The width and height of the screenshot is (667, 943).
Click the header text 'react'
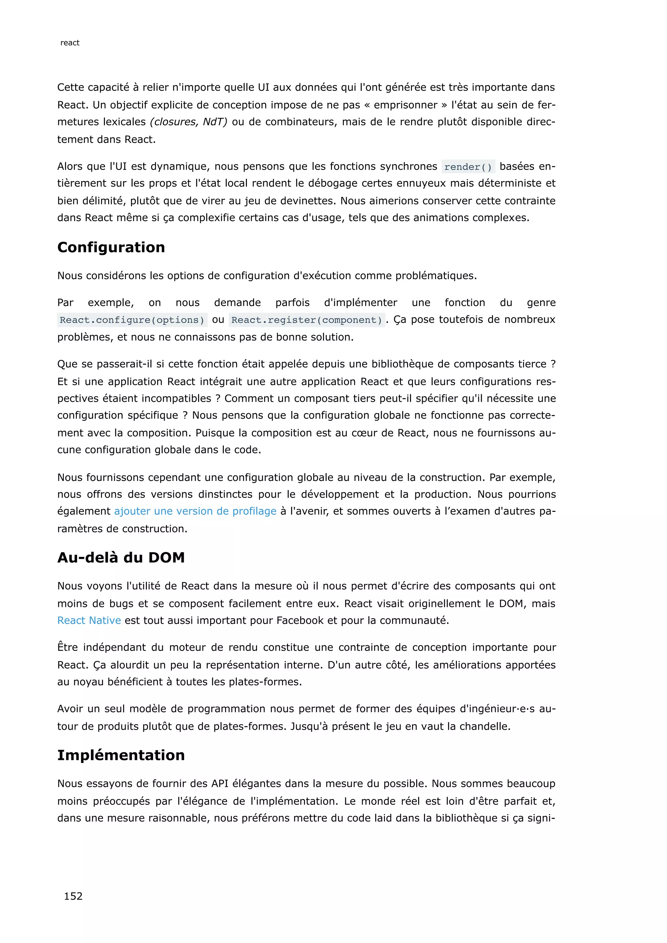(x=70, y=43)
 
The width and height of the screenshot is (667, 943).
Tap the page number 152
(x=73, y=896)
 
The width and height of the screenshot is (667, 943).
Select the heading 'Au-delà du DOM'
(x=121, y=557)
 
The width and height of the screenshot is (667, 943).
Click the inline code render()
(x=468, y=167)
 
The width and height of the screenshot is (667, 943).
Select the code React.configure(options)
(x=132, y=320)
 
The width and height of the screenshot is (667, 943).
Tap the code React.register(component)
(x=306, y=320)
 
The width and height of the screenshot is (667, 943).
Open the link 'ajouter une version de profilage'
(x=195, y=511)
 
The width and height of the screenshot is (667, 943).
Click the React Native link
(x=89, y=620)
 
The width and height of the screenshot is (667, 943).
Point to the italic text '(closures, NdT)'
(x=189, y=122)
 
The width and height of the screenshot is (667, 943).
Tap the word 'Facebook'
(x=300, y=620)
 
